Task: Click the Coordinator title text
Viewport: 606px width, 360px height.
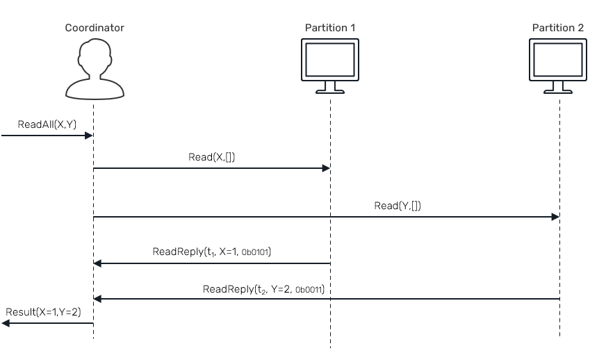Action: click(95, 28)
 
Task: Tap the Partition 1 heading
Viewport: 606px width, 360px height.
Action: click(330, 28)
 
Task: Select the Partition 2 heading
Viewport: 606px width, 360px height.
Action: click(558, 28)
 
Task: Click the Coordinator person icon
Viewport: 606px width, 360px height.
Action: click(95, 68)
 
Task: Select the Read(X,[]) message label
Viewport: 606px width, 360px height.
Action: click(211, 157)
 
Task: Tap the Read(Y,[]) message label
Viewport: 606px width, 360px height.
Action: click(398, 206)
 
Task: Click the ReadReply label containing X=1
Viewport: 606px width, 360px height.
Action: click(211, 252)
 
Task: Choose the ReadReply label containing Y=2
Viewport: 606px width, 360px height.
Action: click(263, 288)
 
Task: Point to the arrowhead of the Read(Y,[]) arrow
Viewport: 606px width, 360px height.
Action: click(555, 217)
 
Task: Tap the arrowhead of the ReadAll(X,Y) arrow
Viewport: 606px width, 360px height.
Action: click(89, 136)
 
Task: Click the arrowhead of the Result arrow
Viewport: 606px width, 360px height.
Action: click(6, 323)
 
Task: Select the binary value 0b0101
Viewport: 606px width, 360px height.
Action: click(255, 253)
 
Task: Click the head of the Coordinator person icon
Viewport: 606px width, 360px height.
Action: click(95, 54)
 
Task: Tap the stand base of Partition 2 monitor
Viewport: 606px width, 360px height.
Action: click(558, 91)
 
